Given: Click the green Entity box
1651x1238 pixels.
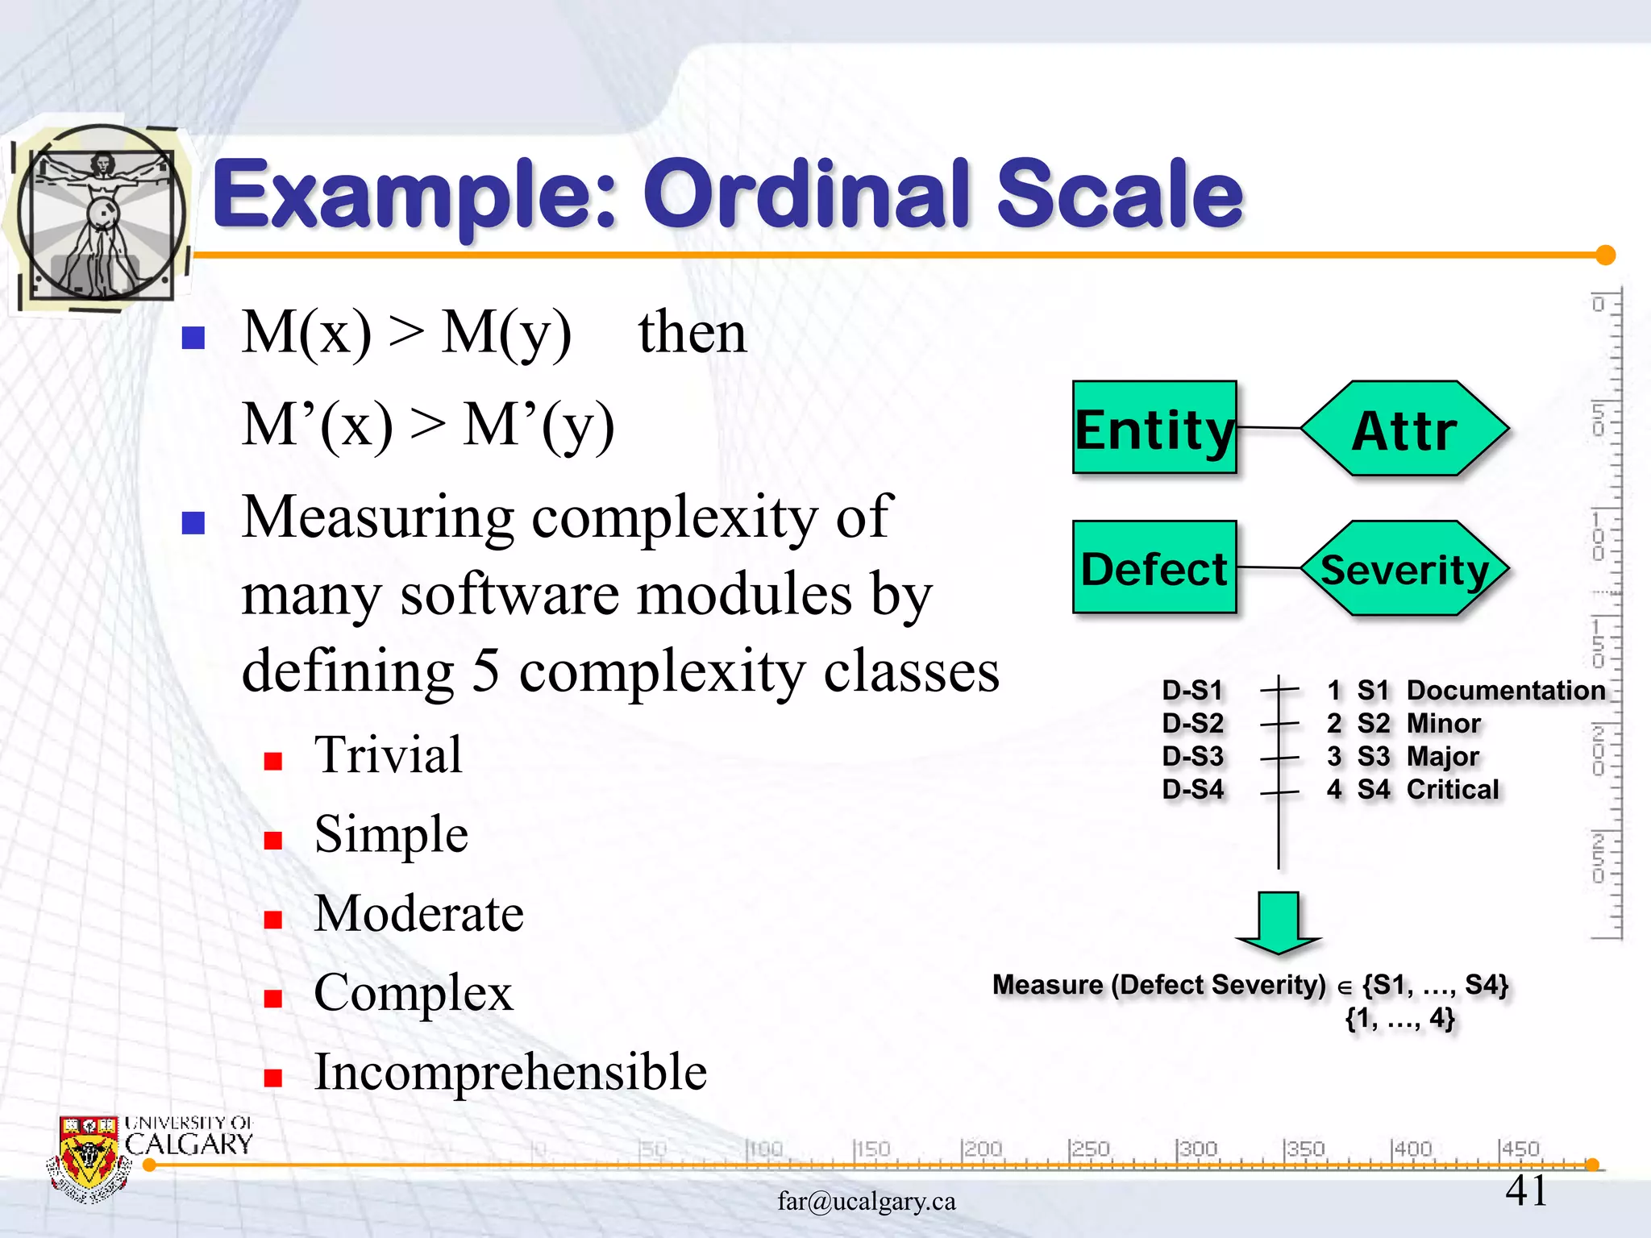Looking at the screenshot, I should pos(1154,427).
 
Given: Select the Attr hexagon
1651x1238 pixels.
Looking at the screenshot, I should pos(1404,429).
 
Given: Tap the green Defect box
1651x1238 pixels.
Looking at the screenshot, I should pos(1154,567).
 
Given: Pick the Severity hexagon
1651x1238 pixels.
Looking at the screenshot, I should pos(1404,569).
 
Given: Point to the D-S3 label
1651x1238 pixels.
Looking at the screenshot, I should pos(1193,756).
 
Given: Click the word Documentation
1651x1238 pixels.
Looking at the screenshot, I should pos(1506,690).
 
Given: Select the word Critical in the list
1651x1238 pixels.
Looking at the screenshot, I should pos(1453,789).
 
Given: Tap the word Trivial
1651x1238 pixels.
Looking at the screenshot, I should pos(389,755).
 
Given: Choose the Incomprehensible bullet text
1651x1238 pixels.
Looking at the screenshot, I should pos(510,1072).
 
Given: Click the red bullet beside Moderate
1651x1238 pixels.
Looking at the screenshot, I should pos(273,920).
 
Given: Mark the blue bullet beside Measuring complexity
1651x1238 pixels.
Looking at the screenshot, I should pos(193,523).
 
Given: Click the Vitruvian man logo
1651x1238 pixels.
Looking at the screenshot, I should pos(102,213).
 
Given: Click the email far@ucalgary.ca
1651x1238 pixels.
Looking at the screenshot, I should pos(867,1201).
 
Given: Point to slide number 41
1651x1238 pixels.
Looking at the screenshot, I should pos(1526,1190).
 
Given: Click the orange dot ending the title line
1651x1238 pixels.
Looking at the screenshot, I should pos(1605,255).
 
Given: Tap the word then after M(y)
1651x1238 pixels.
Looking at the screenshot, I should pos(692,332).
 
